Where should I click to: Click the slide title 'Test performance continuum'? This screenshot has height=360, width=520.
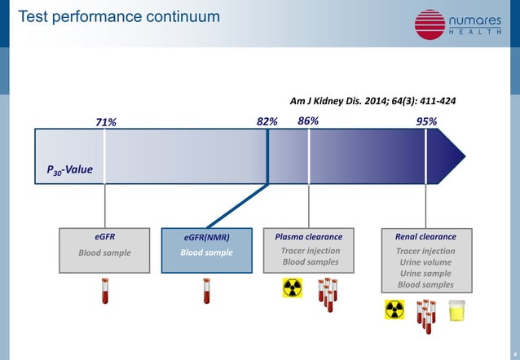coord(119,16)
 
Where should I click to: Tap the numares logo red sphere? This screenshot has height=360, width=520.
coord(430,24)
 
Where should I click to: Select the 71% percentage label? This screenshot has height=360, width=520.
coord(106,122)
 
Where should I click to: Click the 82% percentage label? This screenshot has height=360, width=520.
coord(267,121)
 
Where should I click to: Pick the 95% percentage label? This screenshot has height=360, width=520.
coord(426,121)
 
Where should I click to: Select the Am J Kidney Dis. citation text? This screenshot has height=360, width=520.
coord(372,102)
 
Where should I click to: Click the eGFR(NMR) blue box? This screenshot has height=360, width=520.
coord(206,245)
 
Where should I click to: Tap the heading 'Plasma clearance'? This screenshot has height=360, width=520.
coord(309,237)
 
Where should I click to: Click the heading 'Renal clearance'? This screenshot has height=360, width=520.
coord(425,237)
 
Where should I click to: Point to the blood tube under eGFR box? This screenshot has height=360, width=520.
coord(104,291)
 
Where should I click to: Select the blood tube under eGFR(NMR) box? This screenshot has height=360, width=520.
coord(206,291)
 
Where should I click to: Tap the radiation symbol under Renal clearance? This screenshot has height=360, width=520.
coord(394,310)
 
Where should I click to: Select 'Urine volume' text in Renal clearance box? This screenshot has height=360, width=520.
coord(425,262)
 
